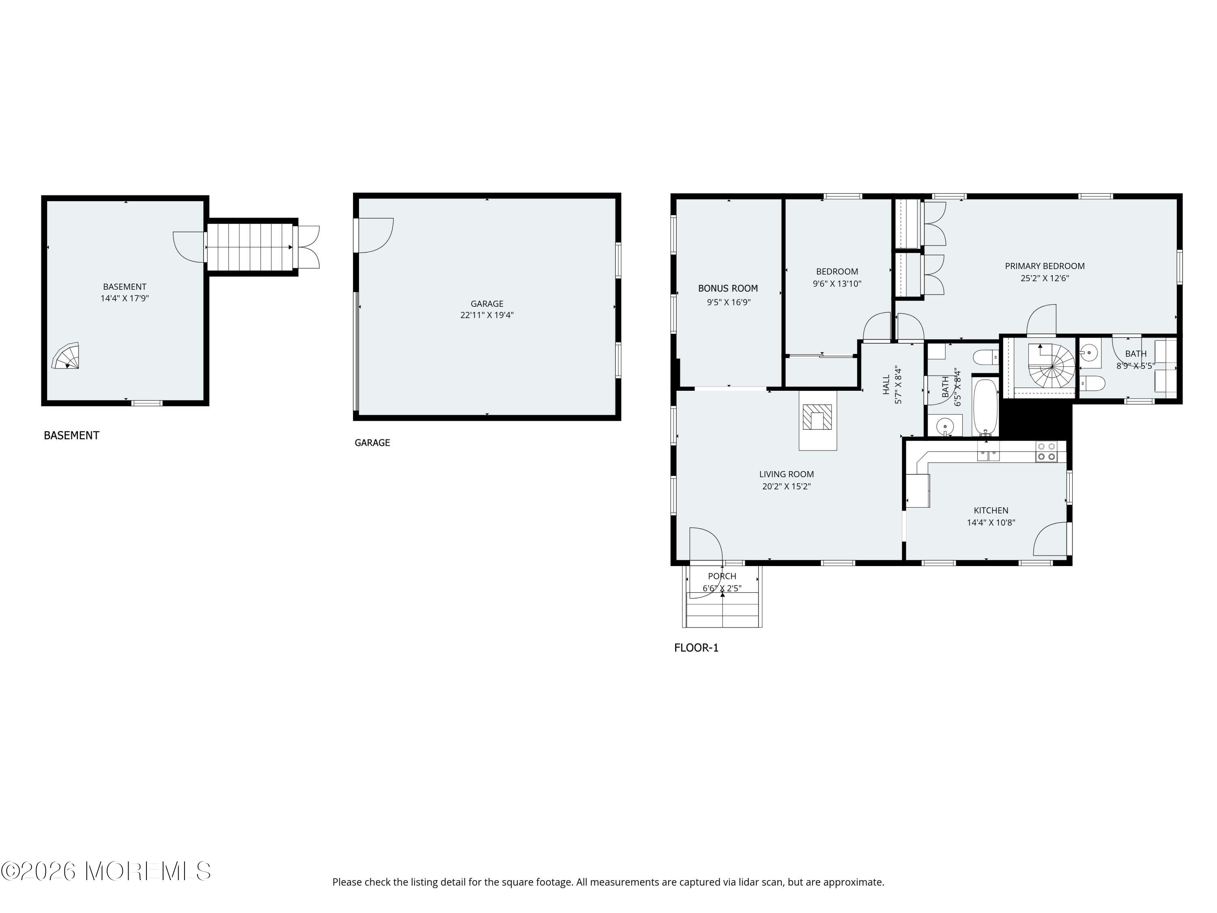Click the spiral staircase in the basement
[x=67, y=357]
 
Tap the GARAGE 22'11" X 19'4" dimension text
[x=486, y=315]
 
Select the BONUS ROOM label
[x=727, y=289]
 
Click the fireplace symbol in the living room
[x=817, y=417]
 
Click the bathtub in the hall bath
[x=985, y=406]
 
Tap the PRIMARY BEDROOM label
[x=1044, y=266]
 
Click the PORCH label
[x=721, y=576]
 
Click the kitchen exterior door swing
[x=1051, y=539]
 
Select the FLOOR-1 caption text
[x=696, y=648]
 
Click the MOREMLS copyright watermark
[x=105, y=871]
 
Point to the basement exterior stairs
[x=250, y=247]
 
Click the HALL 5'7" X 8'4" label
[x=892, y=385]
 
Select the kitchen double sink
[x=988, y=455]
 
